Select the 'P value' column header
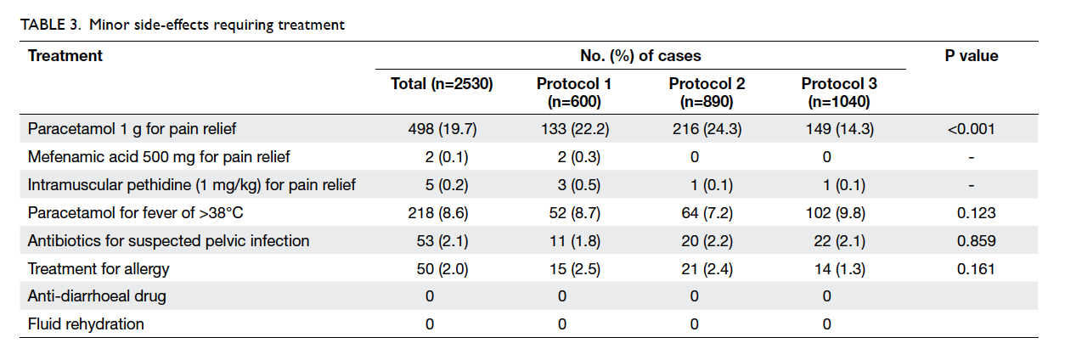[x=972, y=56]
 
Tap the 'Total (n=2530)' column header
[x=442, y=84]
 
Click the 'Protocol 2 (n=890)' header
[x=707, y=93]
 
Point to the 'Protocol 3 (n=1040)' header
[x=839, y=93]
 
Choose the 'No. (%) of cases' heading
[x=640, y=56]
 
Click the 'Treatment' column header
[x=65, y=56]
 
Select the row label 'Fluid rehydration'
[x=86, y=323]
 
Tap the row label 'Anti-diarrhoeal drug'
[x=97, y=296]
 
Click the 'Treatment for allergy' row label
[x=99, y=268]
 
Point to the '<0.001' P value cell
[x=972, y=129]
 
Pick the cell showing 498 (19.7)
[x=442, y=129]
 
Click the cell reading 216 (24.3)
[x=707, y=129]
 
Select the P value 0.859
[x=976, y=240]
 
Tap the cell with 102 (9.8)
[x=836, y=212]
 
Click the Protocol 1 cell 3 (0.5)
[x=579, y=184]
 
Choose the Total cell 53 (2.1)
[x=442, y=240]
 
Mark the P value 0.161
[x=976, y=268]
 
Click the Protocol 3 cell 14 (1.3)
[x=840, y=268]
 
